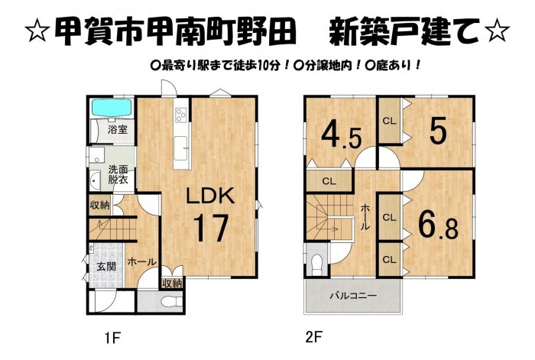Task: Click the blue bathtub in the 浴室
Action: (112, 108)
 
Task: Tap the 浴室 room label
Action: (118, 130)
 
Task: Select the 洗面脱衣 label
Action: (118, 174)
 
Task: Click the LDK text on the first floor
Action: (210, 196)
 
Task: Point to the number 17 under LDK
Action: (211, 228)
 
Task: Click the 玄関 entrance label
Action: (106, 267)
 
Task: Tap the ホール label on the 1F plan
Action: (142, 262)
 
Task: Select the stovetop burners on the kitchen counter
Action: (181, 115)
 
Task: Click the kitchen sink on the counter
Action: (180, 148)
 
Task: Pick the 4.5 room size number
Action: (341, 136)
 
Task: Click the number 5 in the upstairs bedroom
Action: (438, 132)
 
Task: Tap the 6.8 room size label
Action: (438, 225)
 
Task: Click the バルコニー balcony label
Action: (353, 296)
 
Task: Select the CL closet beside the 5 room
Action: (389, 121)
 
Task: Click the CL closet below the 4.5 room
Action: (329, 182)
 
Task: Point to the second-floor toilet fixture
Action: (317, 264)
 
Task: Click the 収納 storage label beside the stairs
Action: (99, 205)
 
